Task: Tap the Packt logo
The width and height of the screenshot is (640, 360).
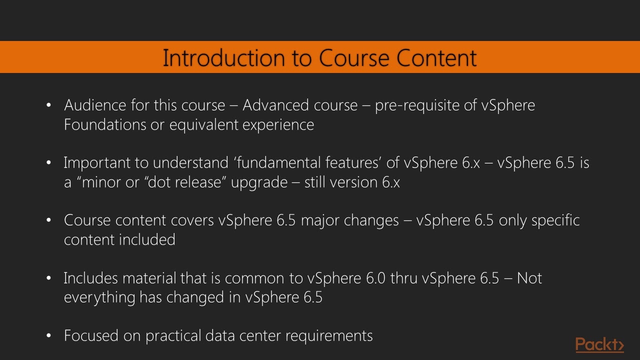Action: point(599,345)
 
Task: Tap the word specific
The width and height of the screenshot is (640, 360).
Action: point(555,220)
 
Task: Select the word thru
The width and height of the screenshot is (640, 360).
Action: point(404,278)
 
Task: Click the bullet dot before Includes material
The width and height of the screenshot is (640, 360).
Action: point(48,278)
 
